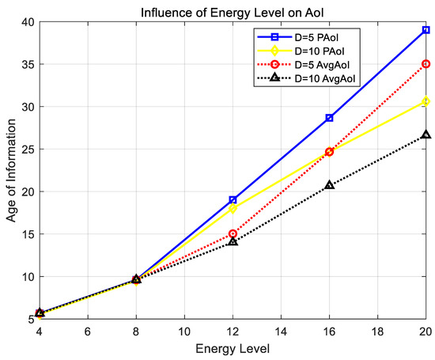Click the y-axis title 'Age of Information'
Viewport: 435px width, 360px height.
point(13,170)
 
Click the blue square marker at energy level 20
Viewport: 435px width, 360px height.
point(426,30)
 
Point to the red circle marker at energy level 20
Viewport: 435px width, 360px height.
point(426,64)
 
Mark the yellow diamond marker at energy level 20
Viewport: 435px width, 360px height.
point(426,101)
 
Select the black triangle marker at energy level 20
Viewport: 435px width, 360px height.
point(426,135)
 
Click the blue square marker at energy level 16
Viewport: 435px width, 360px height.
point(330,118)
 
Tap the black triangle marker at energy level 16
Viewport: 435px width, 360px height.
point(330,185)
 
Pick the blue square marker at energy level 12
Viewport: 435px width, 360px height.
point(233,200)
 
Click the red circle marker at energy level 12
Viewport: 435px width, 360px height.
point(233,234)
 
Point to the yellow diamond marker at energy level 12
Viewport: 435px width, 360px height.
point(233,209)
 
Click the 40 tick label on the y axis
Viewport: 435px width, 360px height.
point(28,21)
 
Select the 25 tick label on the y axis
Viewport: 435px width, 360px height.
point(28,150)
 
